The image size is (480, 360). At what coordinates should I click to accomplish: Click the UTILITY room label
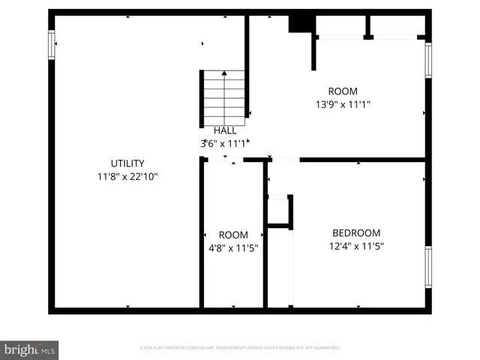click(x=127, y=163)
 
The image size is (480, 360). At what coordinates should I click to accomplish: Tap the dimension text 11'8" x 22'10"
click(x=127, y=177)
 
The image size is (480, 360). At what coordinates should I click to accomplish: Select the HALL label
click(x=225, y=130)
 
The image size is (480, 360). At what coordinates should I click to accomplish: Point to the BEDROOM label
click(x=356, y=233)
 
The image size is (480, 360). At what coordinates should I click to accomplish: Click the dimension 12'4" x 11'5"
click(x=356, y=246)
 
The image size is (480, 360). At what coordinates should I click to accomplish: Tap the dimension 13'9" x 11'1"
click(x=343, y=105)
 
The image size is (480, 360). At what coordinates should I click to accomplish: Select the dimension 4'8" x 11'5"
click(x=232, y=248)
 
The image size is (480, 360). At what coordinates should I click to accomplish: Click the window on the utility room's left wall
click(x=52, y=44)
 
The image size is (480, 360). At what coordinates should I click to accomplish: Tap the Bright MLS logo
click(x=30, y=349)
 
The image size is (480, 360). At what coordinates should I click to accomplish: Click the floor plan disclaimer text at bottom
click(x=240, y=348)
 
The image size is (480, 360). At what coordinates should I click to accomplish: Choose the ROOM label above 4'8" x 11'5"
click(x=232, y=235)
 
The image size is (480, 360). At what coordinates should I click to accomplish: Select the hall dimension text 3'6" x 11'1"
click(x=223, y=142)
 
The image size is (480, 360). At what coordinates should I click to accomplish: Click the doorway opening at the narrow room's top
click(x=223, y=160)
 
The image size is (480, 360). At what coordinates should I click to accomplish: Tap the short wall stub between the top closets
click(x=367, y=28)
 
